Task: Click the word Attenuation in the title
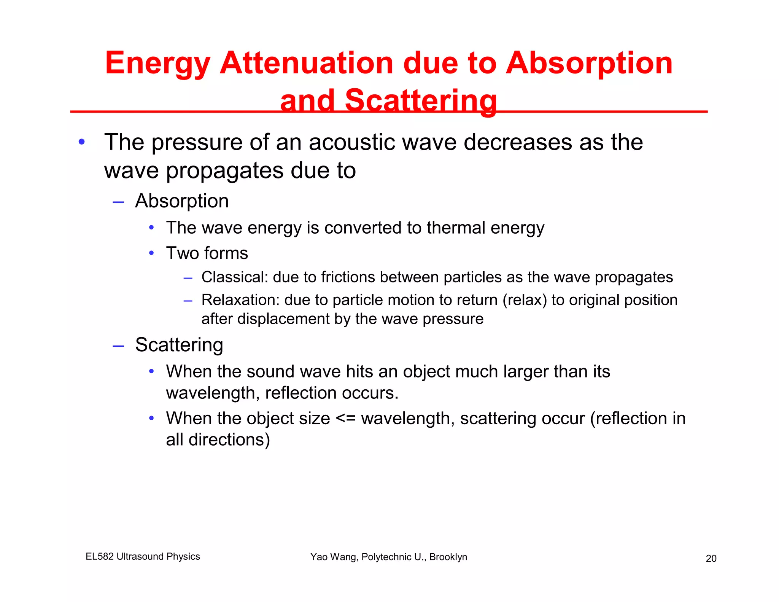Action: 306,63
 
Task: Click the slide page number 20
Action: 711,558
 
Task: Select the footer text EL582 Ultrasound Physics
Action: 143,556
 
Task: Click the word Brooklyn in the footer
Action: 448,557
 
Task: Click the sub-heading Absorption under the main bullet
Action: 182,201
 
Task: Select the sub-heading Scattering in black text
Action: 179,345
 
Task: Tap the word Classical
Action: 235,277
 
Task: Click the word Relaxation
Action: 240,300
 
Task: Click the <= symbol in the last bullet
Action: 345,419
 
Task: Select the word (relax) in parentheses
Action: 525,300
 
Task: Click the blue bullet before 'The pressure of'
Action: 81,142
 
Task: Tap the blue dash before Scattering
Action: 118,346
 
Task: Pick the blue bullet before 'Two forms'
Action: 151,253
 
